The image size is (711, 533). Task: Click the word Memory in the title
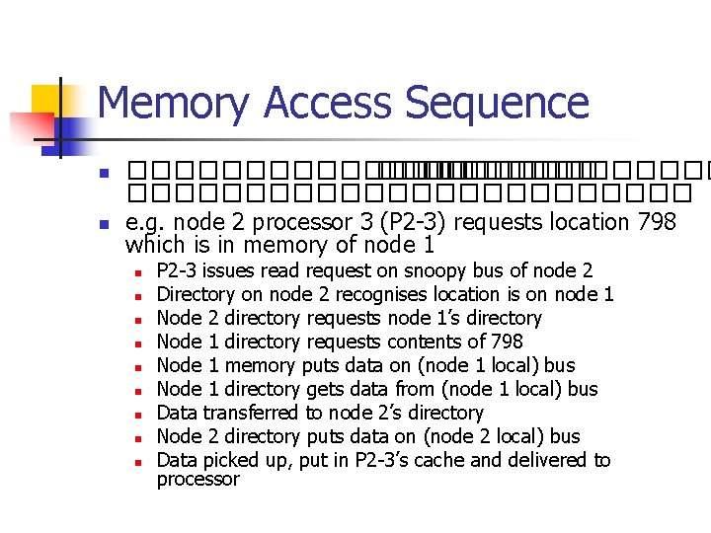[173, 104]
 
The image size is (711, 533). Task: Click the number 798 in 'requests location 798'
[657, 222]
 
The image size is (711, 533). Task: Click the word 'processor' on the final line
[197, 480]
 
